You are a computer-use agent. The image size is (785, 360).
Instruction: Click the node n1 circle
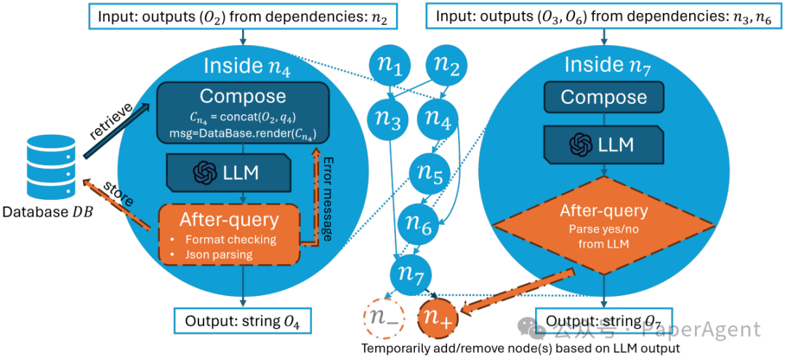coord(392,66)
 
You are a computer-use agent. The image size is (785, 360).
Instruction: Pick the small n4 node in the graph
coord(438,119)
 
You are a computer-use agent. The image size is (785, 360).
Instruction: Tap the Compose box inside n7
coord(604,97)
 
